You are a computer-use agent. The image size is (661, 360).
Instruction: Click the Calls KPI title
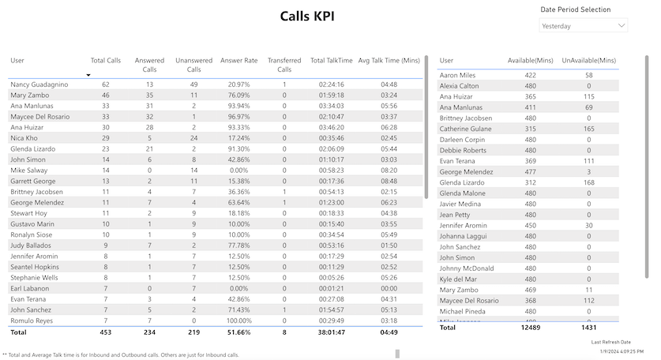coord(306,16)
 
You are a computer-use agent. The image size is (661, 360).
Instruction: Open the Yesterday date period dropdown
coord(583,26)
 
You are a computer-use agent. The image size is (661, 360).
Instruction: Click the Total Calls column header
coord(106,60)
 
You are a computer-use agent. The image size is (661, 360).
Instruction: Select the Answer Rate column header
coord(238,60)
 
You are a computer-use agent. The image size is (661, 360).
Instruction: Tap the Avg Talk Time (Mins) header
coord(389,60)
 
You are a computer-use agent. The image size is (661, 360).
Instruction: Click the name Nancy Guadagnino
coord(39,84)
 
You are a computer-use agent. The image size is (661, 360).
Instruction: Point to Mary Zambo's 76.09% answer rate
coord(238,95)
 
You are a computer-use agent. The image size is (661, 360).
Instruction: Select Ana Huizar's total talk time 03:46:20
coord(331,127)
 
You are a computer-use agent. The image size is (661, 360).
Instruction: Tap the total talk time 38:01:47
coord(331,332)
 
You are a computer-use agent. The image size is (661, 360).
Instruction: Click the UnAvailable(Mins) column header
coord(588,60)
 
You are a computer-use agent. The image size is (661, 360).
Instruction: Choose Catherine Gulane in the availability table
coord(466,129)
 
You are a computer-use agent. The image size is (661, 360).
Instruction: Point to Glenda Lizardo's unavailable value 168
coord(588,182)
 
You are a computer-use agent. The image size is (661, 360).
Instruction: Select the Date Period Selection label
coord(575,9)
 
